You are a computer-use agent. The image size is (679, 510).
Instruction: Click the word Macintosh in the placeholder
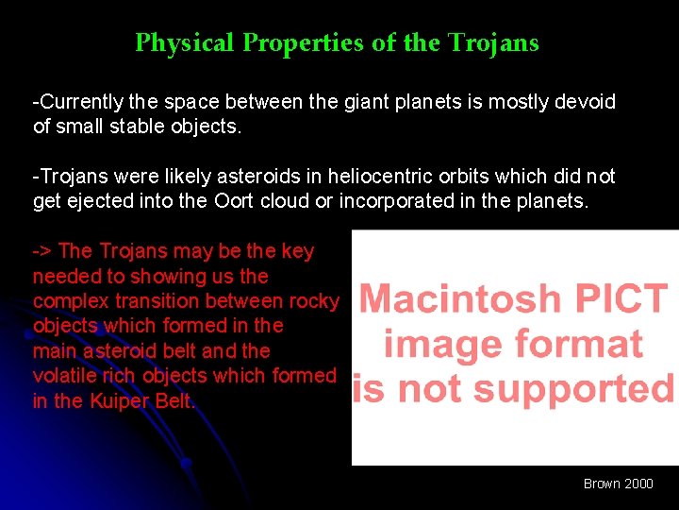click(x=459, y=300)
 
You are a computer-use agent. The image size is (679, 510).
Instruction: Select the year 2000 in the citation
click(x=638, y=484)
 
